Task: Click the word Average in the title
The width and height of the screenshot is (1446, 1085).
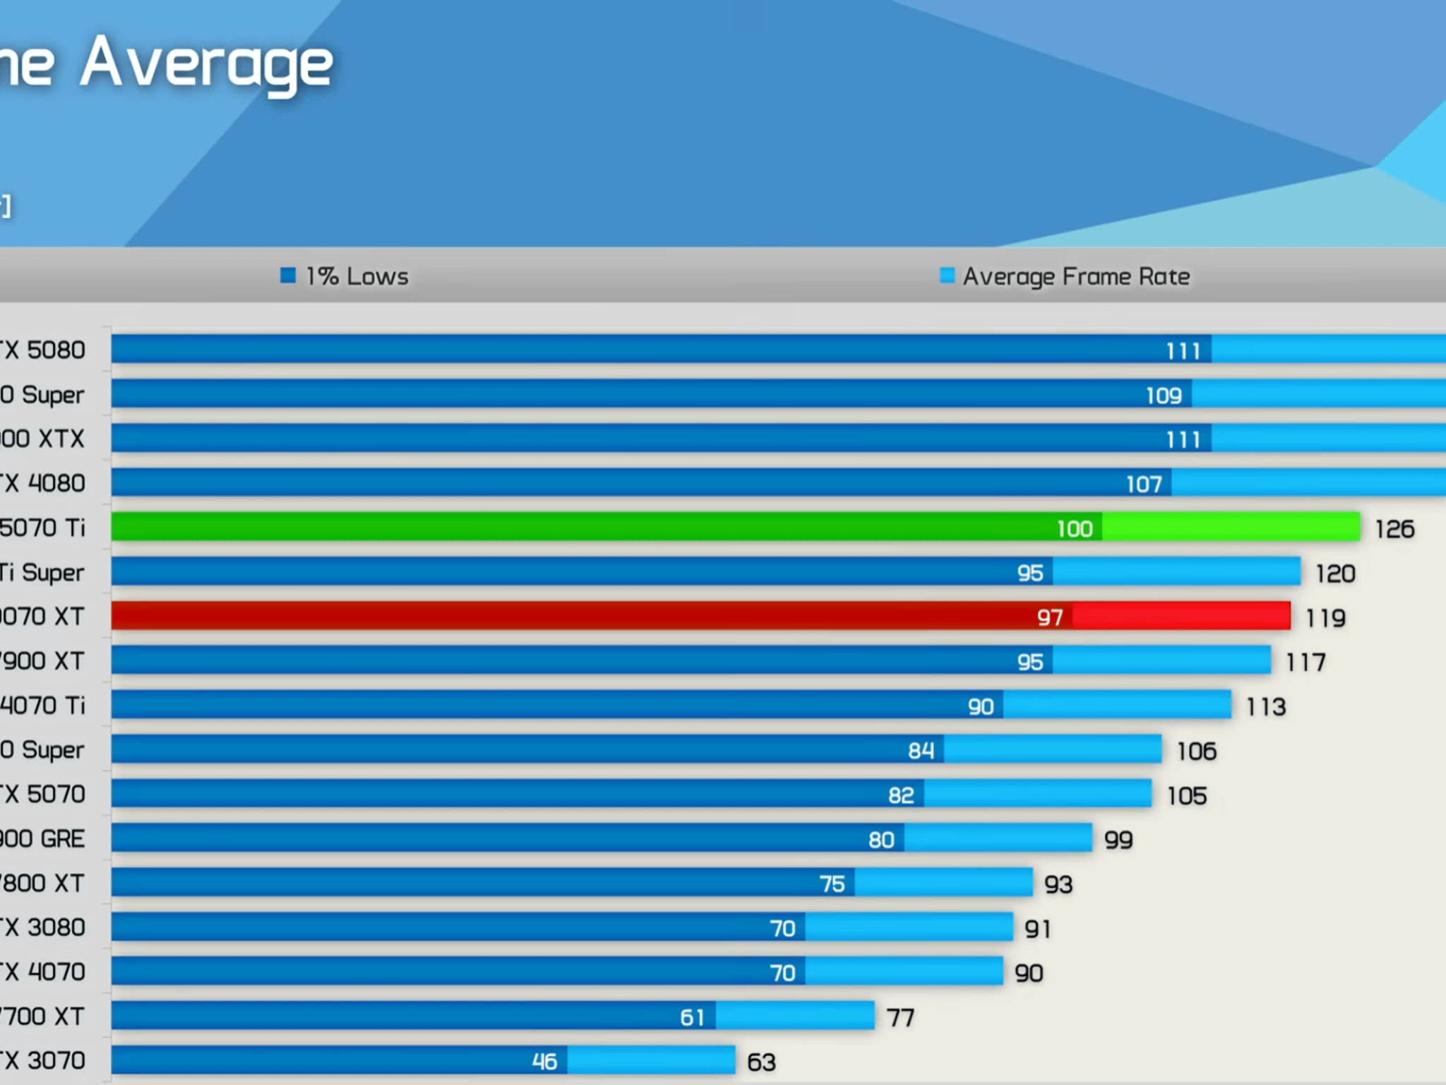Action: tap(206, 65)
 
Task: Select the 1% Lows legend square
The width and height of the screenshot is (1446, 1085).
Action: tap(288, 275)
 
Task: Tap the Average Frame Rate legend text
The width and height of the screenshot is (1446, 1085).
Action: tap(1076, 276)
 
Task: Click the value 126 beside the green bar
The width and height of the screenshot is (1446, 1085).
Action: tap(1394, 529)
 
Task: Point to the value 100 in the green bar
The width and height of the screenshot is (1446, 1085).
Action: tap(1075, 529)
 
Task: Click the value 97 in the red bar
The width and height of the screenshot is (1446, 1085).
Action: tap(1050, 617)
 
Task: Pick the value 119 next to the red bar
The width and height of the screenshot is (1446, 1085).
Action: tap(1325, 618)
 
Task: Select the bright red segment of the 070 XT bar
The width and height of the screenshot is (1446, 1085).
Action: tap(1181, 616)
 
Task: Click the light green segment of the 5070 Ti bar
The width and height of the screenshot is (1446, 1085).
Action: tap(1230, 527)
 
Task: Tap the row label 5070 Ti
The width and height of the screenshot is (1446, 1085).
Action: tap(42, 528)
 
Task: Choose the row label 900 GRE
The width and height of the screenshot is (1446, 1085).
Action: tap(42, 838)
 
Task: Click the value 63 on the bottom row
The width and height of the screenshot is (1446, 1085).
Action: tap(761, 1062)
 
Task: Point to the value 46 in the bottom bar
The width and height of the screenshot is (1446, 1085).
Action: tap(544, 1061)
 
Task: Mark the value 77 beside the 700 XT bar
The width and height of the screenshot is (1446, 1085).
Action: tap(900, 1017)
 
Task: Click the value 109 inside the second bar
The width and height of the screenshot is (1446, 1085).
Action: tap(1164, 396)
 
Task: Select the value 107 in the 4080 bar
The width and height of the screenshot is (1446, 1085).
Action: tap(1144, 484)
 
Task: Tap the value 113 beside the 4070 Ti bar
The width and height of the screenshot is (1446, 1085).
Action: tap(1266, 706)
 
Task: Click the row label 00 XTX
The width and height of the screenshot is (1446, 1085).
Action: tap(42, 439)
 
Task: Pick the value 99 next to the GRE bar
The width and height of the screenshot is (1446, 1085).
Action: tap(1118, 840)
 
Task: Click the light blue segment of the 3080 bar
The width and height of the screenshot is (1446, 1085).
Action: tap(909, 927)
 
